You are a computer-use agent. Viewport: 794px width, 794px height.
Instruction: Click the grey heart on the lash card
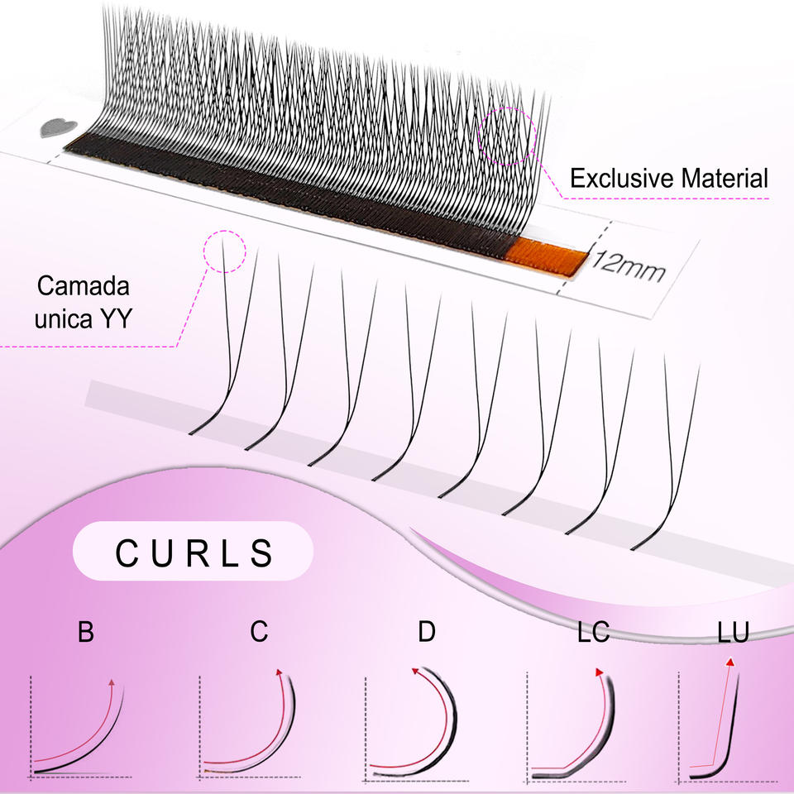tap(58, 128)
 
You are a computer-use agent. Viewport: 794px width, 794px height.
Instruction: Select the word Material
tap(725, 179)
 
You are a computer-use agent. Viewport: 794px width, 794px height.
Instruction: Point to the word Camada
tap(83, 286)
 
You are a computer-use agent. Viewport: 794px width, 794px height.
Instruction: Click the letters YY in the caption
tap(116, 318)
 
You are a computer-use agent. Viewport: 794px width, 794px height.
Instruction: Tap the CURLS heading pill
tap(193, 552)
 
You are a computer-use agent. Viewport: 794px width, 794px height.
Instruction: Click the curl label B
tap(85, 632)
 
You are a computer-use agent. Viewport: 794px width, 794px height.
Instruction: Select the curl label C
tap(259, 632)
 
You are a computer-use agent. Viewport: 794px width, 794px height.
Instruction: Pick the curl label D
tap(427, 632)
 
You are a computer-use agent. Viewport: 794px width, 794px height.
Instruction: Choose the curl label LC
tap(593, 632)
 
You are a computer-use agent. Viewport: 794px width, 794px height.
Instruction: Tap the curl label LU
tap(733, 632)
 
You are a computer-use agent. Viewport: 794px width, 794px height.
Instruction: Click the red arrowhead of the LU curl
tap(729, 662)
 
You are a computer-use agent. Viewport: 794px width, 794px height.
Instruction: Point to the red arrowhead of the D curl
tap(415, 671)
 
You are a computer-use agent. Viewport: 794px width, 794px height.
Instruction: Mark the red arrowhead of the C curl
tap(279, 672)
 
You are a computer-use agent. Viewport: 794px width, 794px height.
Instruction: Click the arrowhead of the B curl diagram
tap(112, 683)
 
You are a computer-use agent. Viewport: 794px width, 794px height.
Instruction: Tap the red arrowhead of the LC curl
tap(599, 672)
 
